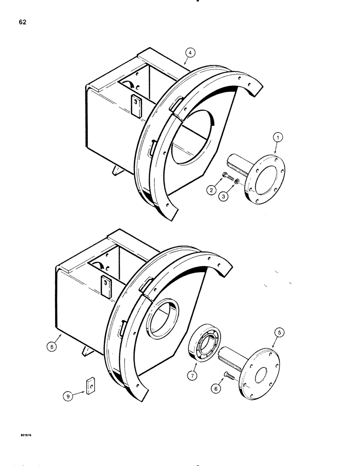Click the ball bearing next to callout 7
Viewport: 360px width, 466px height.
pos(206,344)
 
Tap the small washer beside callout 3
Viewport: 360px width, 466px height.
pos(238,181)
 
